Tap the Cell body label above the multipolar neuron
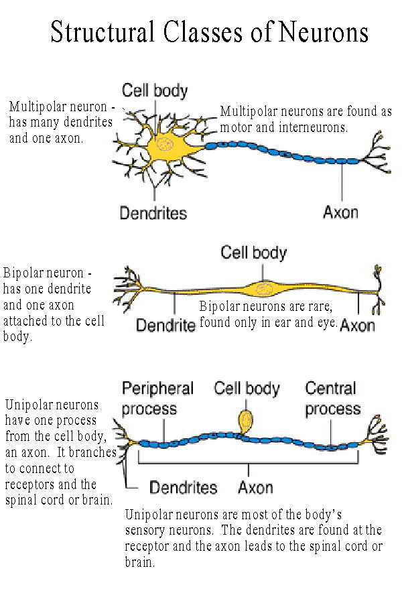pyautogui.click(x=154, y=90)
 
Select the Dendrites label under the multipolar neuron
pyautogui.click(x=153, y=213)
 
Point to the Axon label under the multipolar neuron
pyautogui.click(x=340, y=212)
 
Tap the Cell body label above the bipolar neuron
pyautogui.click(x=253, y=253)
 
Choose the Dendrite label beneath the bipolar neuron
pyautogui.click(x=165, y=326)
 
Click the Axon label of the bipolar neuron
pyautogui.click(x=356, y=326)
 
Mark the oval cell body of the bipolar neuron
pyautogui.click(x=263, y=289)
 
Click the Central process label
pyautogui.click(x=332, y=399)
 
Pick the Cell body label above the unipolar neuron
pyautogui.click(x=247, y=388)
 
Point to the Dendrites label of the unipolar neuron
pyautogui.click(x=183, y=487)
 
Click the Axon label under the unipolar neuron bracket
pyautogui.click(x=255, y=487)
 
